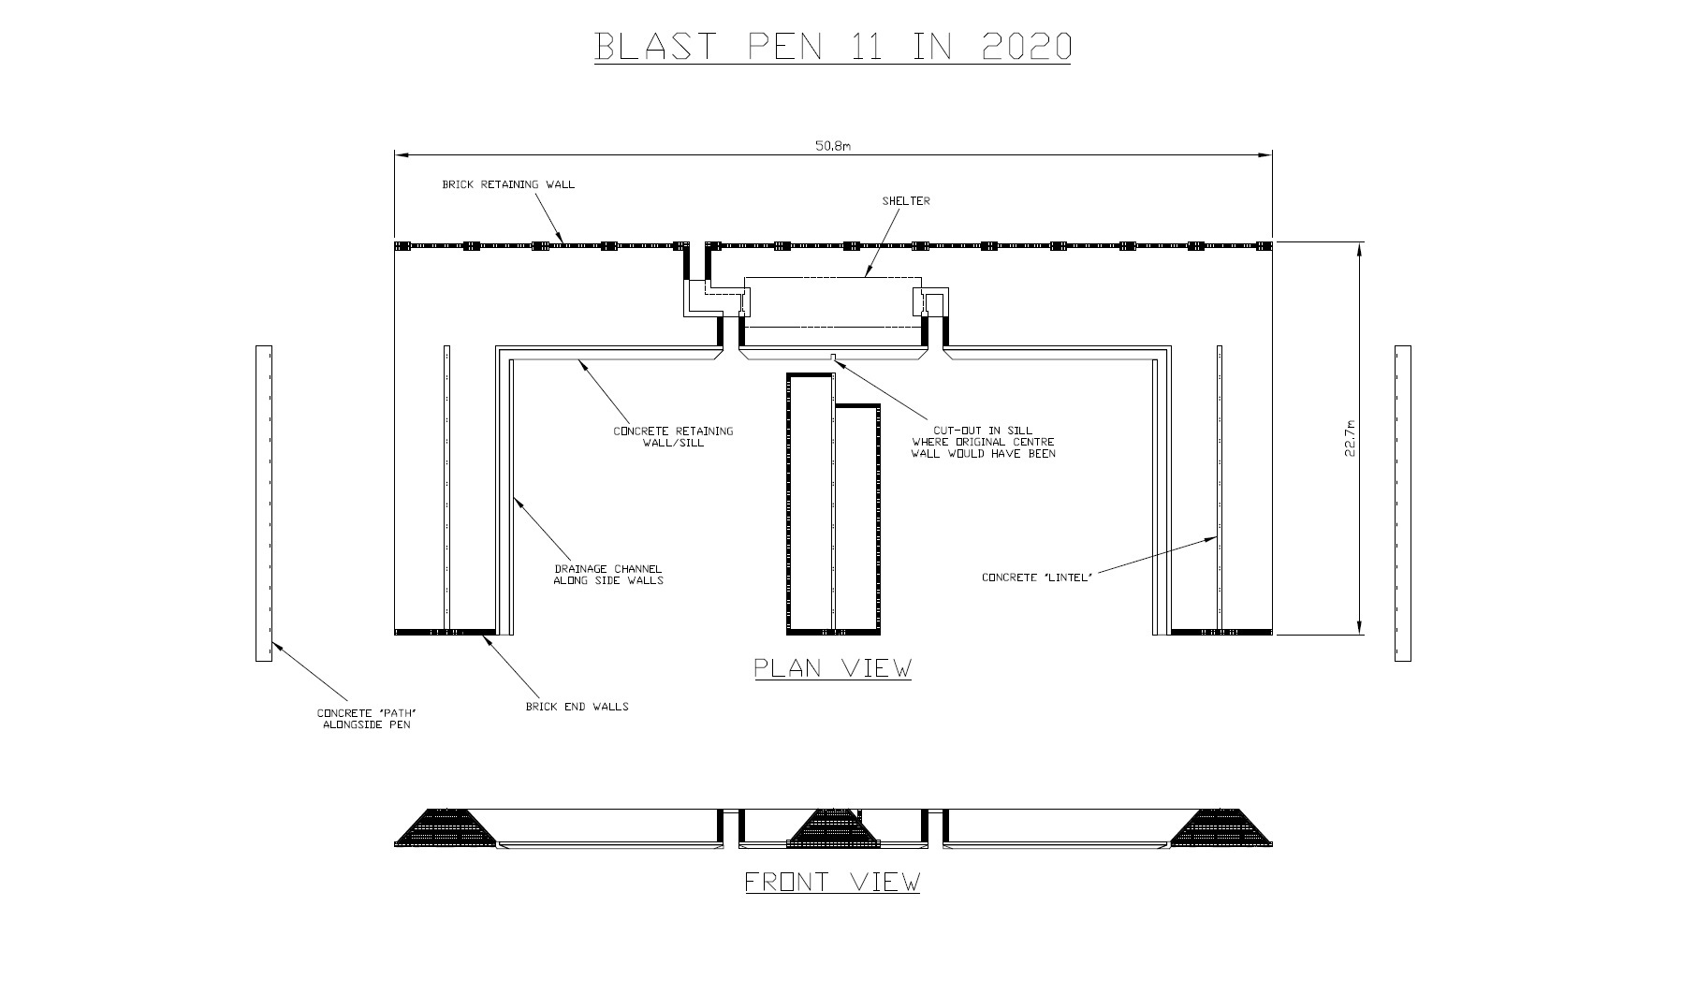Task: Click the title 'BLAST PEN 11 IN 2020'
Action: tap(832, 47)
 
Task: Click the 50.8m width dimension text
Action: tap(832, 146)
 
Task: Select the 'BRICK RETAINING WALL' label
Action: tap(508, 184)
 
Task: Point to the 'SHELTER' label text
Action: tap(906, 201)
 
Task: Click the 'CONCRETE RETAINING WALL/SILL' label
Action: tap(673, 437)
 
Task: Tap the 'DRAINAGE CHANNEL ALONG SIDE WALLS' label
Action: tap(607, 575)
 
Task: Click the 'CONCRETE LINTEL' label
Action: tap(1037, 577)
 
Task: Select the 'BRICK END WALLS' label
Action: tap(577, 707)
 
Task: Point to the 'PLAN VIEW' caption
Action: tap(832, 668)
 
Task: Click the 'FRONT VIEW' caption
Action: tap(832, 882)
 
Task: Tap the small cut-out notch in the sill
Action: tap(833, 357)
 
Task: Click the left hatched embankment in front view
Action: tap(446, 828)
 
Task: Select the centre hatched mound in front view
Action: tap(833, 828)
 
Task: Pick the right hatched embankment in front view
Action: tap(1221, 828)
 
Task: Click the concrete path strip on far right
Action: tap(1402, 504)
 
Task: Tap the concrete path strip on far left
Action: tap(264, 504)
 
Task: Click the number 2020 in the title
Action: tap(1027, 47)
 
